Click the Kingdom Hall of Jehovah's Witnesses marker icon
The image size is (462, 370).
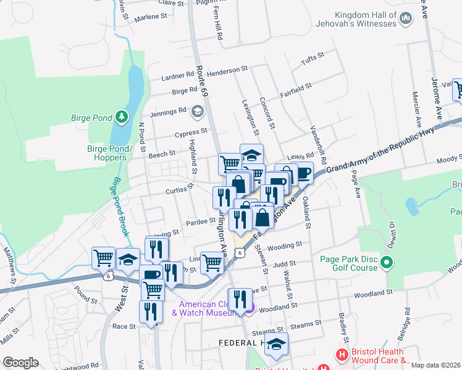click(x=406, y=19)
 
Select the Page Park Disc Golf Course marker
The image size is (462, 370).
click(x=387, y=264)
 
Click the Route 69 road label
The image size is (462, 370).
click(x=200, y=80)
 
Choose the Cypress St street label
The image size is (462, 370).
click(x=191, y=133)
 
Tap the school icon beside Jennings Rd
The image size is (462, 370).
click(x=198, y=111)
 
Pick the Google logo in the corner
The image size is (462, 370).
click(x=20, y=363)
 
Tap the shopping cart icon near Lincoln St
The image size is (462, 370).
click(x=212, y=262)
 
